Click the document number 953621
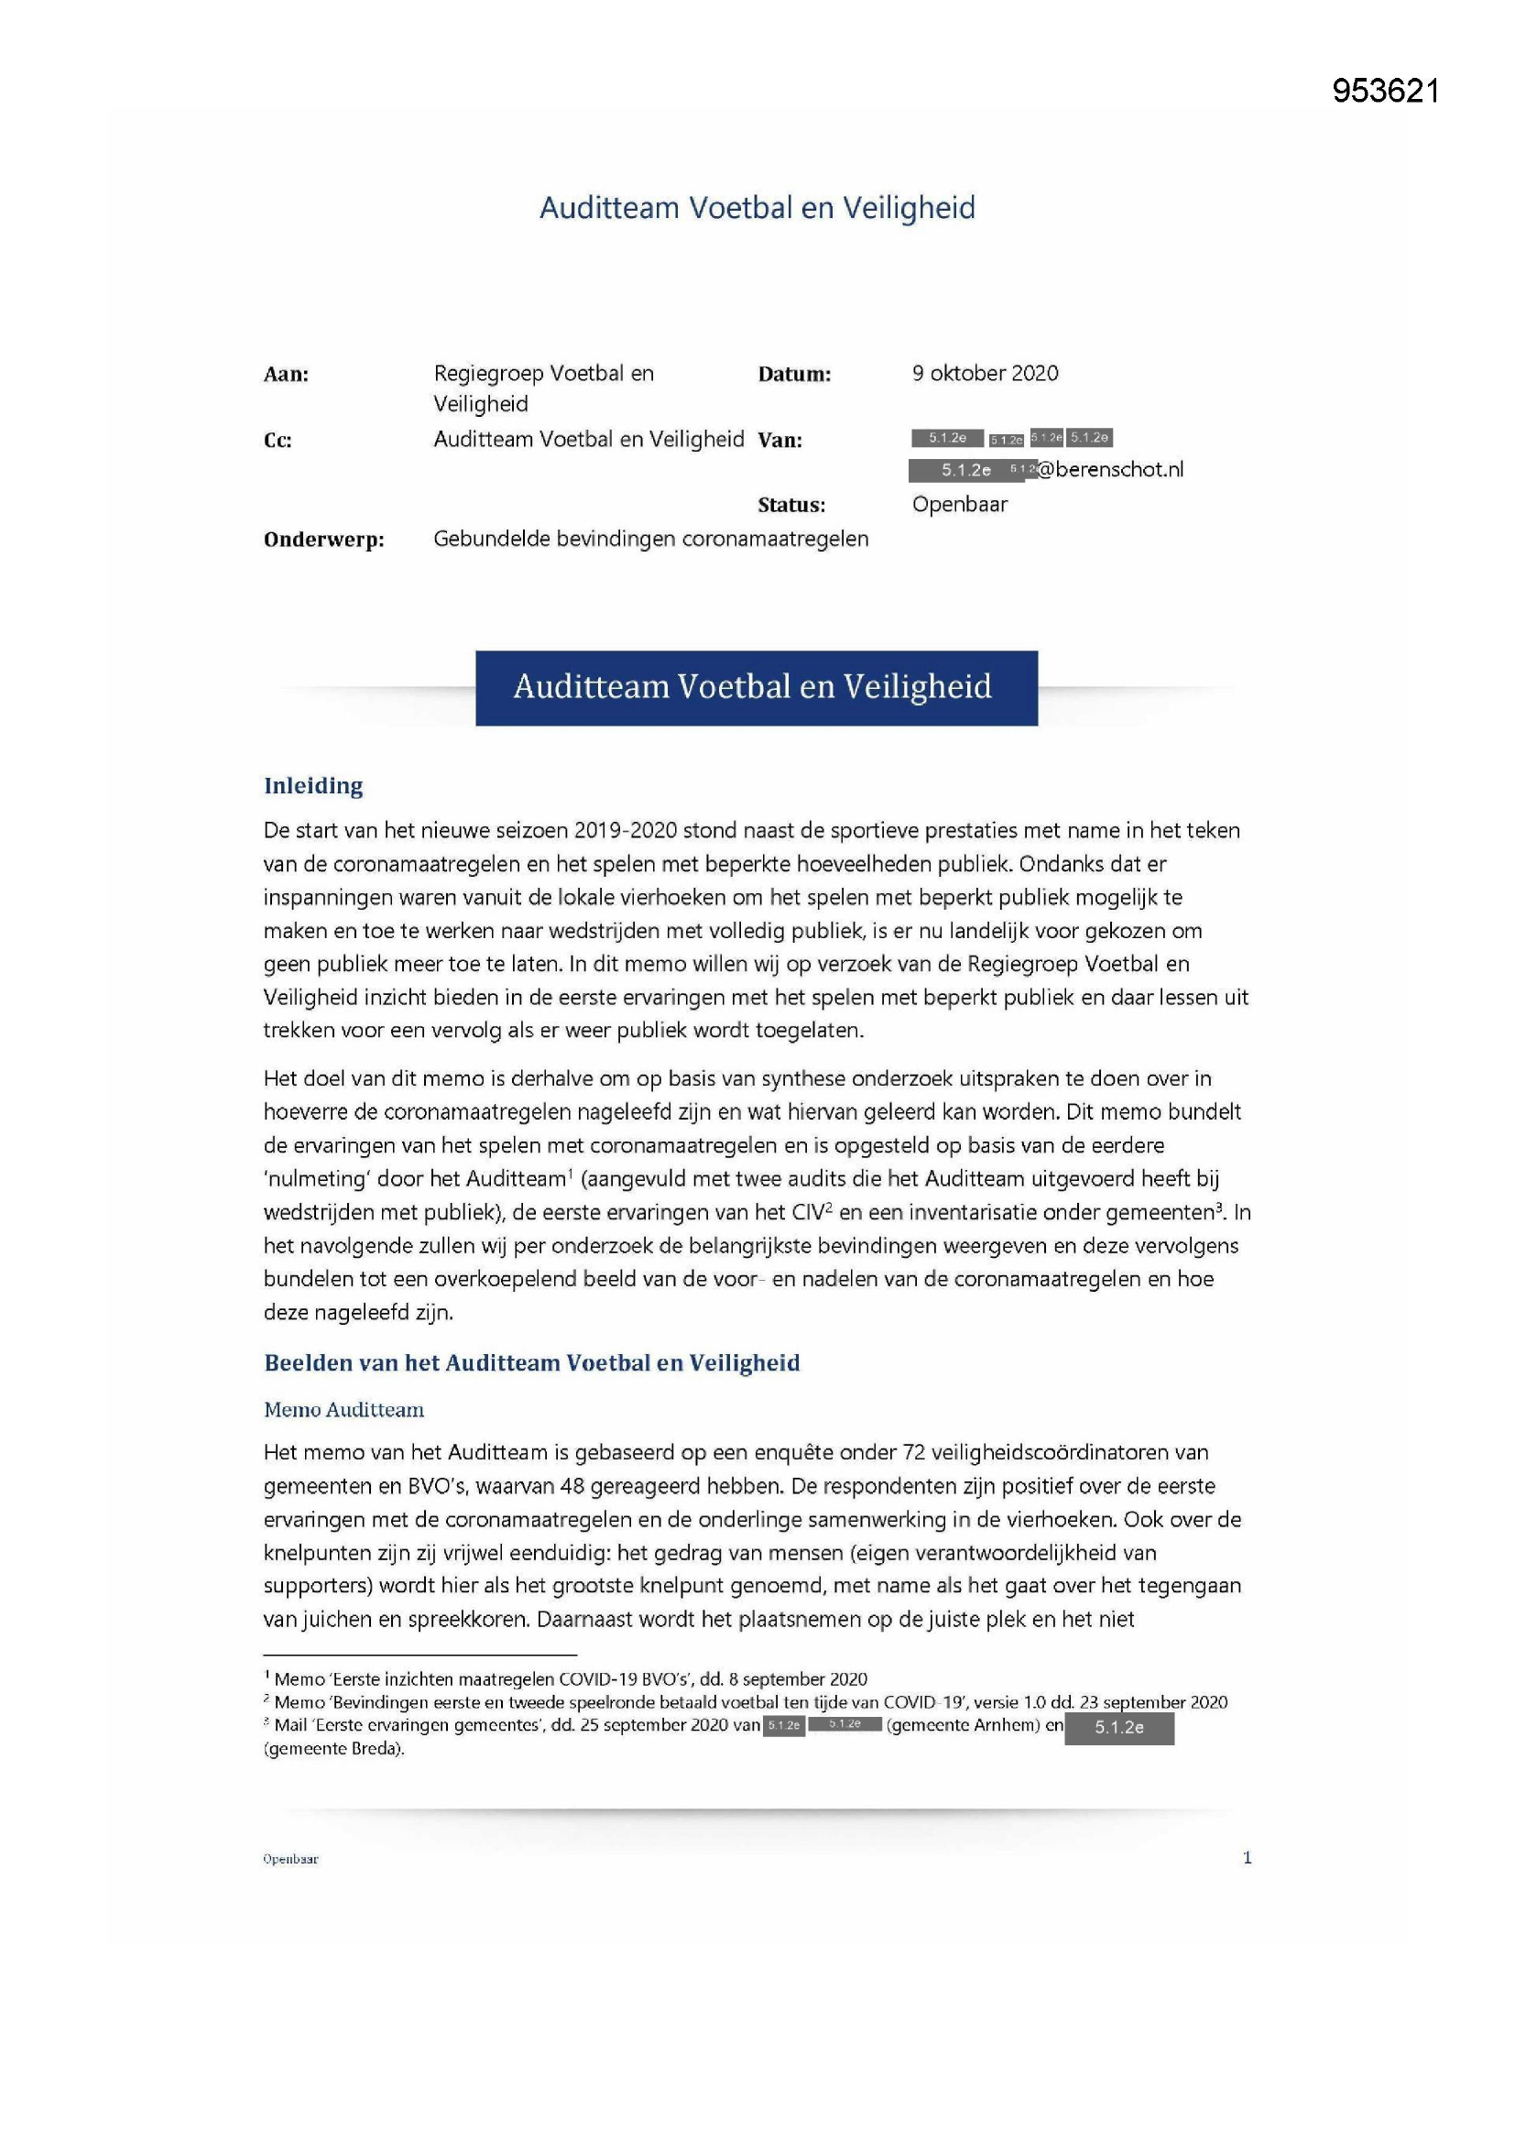[1385, 91]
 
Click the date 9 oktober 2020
[986, 373]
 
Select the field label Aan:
[286, 375]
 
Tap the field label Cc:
[278, 442]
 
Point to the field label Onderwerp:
[323, 541]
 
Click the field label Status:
[791, 506]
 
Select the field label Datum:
[794, 375]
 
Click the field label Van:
[779, 441]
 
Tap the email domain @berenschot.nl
[1110, 470]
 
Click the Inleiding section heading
[313, 785]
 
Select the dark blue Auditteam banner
[756, 687]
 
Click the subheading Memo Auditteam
[343, 1410]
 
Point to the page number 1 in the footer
[1247, 1857]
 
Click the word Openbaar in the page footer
[290, 1859]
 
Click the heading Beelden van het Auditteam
[532, 1363]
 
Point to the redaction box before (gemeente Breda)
[1118, 1728]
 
